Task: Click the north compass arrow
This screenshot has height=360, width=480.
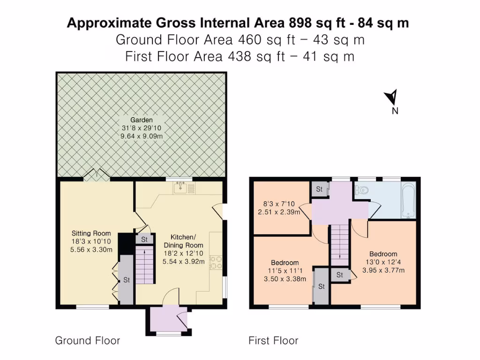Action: click(x=391, y=97)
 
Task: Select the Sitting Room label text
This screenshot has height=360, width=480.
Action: click(x=91, y=233)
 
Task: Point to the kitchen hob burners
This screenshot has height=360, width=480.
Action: click(x=216, y=262)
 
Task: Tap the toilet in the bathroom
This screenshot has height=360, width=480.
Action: click(x=362, y=190)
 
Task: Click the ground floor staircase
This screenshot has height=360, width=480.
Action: click(x=145, y=266)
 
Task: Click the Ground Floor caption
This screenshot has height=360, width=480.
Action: click(x=88, y=341)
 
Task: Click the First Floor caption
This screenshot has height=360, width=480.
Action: click(x=273, y=341)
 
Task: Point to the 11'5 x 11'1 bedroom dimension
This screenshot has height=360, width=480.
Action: click(x=285, y=271)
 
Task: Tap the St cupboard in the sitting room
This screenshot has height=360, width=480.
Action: click(x=126, y=280)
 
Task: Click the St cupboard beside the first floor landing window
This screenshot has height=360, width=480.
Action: click(x=319, y=189)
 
